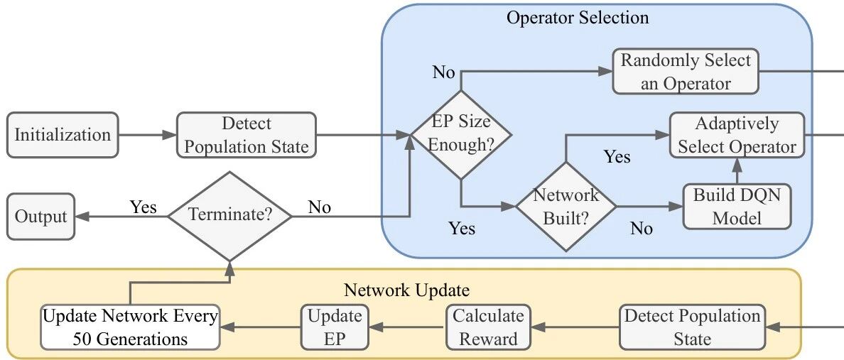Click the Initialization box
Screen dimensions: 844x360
63,135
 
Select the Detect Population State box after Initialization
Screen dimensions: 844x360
247,135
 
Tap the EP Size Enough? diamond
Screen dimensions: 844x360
461,134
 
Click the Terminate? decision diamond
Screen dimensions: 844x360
230,217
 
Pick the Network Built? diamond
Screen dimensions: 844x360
566,207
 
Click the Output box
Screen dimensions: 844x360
40,217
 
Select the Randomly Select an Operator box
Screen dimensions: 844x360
685,72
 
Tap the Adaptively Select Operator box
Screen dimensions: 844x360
737,135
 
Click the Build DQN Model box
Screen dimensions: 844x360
737,207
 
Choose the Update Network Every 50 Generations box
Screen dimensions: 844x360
130,327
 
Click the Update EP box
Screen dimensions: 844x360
335,327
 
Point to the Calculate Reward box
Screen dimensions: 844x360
488,327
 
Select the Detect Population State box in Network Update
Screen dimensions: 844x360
692,327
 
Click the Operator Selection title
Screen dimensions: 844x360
578,17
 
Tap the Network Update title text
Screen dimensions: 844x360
406,290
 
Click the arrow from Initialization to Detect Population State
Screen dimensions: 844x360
148,135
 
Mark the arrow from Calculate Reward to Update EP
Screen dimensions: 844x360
408,327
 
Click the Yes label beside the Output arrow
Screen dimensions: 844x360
144,207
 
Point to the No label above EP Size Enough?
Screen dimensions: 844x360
443,72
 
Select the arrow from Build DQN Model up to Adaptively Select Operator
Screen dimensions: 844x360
737,171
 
